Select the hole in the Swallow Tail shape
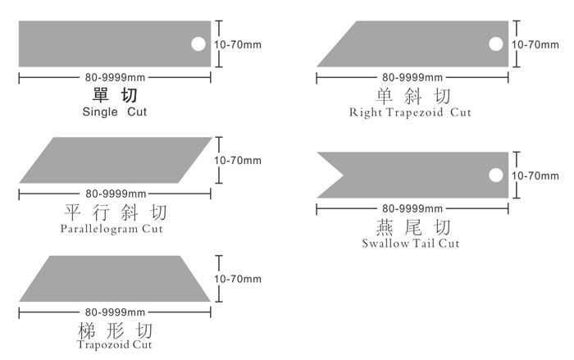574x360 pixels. (495, 175)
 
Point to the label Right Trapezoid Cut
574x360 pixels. (410, 112)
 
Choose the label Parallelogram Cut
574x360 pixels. (112, 228)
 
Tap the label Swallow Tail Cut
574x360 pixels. (410, 243)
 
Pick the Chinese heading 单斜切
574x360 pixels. (410, 95)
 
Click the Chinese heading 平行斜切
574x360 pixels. (114, 212)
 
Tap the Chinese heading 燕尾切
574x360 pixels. (410, 226)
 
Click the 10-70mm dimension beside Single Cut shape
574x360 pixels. (237, 44)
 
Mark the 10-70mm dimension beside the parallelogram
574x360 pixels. (237, 160)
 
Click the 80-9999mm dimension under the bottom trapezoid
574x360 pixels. (115, 312)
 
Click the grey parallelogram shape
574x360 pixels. (115, 161)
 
